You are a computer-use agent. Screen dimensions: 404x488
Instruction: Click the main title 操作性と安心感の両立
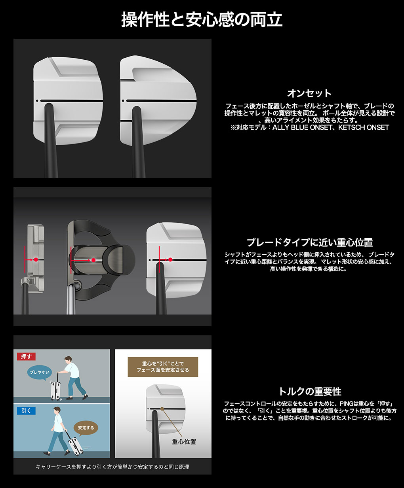pyautogui.click(x=202, y=20)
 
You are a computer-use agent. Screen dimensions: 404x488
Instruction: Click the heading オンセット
pyautogui.click(x=309, y=93)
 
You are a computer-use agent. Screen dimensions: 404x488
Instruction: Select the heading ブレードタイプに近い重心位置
pyautogui.click(x=310, y=242)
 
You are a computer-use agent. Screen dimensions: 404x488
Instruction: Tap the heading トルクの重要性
pyautogui.click(x=310, y=391)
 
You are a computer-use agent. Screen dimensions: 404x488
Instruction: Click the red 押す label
pyautogui.click(x=26, y=356)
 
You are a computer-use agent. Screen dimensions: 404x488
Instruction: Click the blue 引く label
pyautogui.click(x=26, y=411)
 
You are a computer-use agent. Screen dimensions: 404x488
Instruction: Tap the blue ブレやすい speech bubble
pyautogui.click(x=40, y=372)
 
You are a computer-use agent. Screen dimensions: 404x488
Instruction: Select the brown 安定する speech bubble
pyautogui.click(x=86, y=428)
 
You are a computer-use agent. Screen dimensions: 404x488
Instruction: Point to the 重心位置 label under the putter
pyautogui.click(x=184, y=442)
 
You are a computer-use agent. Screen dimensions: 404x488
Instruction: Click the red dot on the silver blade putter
pyautogui.click(x=36, y=260)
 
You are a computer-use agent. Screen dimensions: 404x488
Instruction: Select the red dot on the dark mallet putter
pyautogui.click(x=93, y=260)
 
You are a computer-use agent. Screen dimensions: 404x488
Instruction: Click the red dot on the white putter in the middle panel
pyautogui.click(x=170, y=260)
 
